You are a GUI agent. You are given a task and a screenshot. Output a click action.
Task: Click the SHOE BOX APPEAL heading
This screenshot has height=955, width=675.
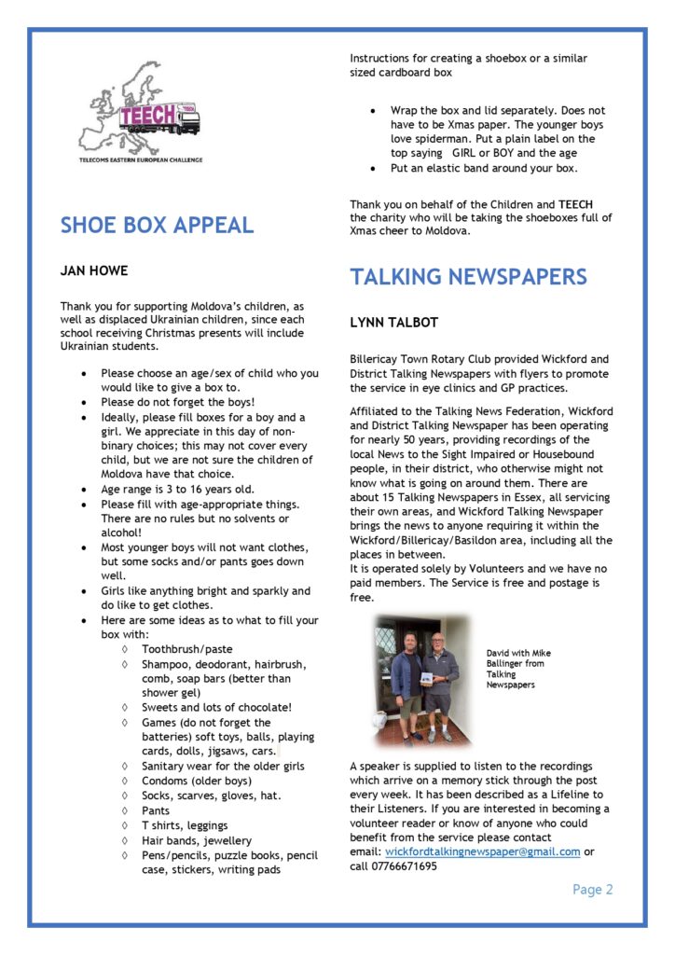click(x=157, y=225)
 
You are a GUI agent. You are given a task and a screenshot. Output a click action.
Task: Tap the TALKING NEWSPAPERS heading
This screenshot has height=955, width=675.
click(x=468, y=277)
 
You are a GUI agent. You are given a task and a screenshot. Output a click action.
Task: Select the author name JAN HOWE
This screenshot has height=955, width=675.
click(x=94, y=271)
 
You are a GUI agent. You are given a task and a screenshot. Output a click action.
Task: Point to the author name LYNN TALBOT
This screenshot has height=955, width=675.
click(x=394, y=323)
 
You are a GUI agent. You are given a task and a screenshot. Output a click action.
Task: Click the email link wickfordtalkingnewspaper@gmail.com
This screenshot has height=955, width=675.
click(x=482, y=851)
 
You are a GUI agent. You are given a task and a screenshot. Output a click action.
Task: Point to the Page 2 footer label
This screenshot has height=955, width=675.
click(x=592, y=890)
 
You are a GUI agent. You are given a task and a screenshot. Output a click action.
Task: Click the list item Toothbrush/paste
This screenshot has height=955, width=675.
click(x=187, y=648)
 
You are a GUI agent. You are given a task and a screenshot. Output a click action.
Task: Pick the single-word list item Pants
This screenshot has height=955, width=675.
click(x=157, y=810)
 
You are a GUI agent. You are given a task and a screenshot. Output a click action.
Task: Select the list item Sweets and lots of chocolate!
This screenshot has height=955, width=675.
click(x=216, y=707)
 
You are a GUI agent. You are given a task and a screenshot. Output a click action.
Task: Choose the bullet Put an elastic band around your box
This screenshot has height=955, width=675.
click(x=484, y=169)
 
